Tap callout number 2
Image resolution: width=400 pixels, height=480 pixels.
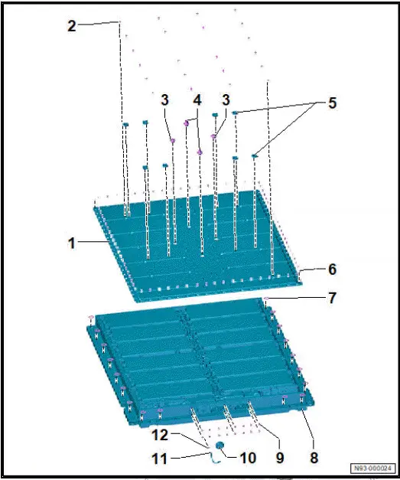[72, 26]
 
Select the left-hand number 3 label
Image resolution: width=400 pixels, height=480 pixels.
[165, 100]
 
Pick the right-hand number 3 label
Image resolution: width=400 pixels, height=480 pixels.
[226, 100]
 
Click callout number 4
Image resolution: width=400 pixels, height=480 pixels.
[197, 100]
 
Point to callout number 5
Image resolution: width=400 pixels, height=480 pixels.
[333, 103]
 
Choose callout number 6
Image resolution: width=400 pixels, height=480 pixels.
[333, 269]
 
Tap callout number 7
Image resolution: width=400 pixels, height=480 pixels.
[333, 298]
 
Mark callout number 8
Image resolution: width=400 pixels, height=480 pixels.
[314, 458]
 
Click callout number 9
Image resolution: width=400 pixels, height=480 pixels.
[280, 458]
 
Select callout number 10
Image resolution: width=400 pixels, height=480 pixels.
[248, 458]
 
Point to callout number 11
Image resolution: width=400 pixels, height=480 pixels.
[160, 459]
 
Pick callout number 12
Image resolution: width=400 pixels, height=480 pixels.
[160, 435]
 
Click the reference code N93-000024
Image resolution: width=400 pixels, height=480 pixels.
[372, 468]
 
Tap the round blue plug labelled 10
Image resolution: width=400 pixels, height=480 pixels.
[220, 445]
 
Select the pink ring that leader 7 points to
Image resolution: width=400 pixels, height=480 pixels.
[266, 299]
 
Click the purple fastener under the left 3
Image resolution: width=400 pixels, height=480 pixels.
[173, 141]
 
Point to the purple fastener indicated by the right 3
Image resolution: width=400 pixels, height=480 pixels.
[213, 136]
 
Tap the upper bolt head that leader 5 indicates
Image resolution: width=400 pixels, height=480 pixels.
[235, 113]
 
